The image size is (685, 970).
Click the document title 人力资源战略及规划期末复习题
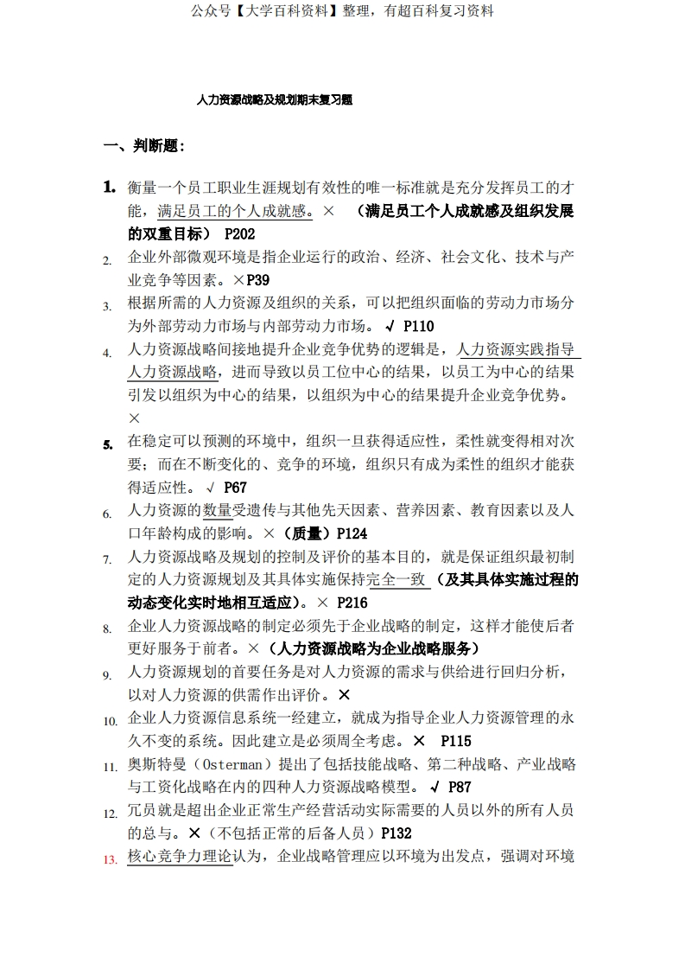coord(274,100)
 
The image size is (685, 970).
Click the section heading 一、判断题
coord(143,146)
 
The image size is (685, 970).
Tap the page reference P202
coord(239,233)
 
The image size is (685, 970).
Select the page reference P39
coord(258,279)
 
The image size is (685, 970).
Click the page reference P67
coord(235,488)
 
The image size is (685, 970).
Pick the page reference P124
coord(352,533)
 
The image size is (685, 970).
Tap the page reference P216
coord(352,603)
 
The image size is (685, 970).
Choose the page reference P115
coord(456,741)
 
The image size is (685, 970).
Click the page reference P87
coord(460,787)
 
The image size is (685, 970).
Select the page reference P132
coord(396,833)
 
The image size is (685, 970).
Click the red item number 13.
coord(109,859)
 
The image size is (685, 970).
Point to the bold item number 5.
coord(108,445)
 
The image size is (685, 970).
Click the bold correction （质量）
coord(308,533)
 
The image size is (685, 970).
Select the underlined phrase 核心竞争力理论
coord(180,856)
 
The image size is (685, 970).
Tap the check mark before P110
coord(390,326)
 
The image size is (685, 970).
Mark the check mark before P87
coord(435,787)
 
